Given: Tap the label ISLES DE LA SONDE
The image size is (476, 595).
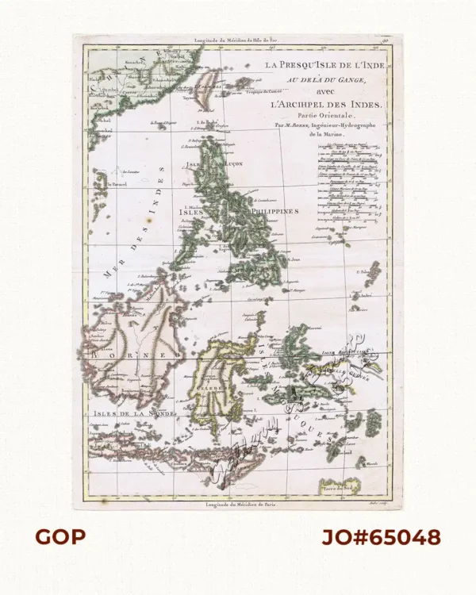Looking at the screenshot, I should coord(123,413).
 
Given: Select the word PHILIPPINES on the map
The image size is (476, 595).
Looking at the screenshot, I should coord(274,213).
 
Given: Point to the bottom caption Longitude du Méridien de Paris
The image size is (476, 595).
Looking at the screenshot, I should coord(238,505).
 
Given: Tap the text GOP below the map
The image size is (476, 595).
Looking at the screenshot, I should coord(59,537).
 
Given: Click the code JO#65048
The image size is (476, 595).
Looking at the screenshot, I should coord(380,537).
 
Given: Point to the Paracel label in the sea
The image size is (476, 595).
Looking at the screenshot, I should coord(120,184).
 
